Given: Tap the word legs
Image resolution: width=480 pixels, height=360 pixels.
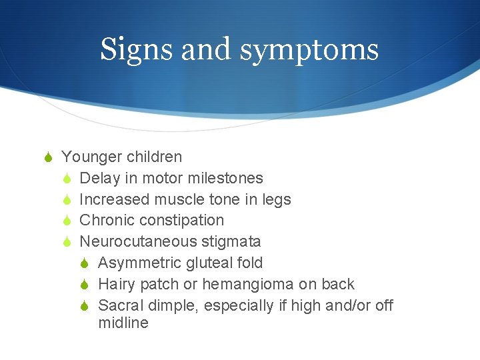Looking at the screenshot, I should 277,200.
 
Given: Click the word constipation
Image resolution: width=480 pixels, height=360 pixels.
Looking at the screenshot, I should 180,221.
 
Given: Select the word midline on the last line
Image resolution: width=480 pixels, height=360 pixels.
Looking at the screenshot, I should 123,323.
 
